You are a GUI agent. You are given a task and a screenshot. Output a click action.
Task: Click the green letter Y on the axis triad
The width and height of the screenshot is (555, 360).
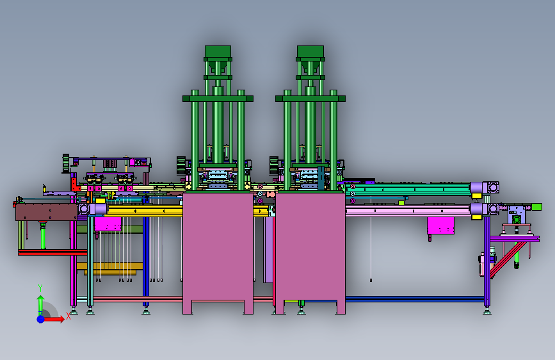tap(40, 288)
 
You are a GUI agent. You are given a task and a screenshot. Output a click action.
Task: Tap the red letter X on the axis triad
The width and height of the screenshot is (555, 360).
tap(68, 316)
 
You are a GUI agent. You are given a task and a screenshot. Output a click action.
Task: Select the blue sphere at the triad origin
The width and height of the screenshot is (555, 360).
tap(41, 319)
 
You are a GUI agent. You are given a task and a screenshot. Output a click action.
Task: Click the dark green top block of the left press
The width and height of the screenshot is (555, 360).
tap(218, 51)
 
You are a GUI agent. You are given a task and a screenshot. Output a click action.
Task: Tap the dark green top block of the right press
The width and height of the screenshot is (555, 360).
tap(310, 51)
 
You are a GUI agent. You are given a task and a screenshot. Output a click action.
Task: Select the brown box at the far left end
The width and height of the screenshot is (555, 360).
tap(46, 212)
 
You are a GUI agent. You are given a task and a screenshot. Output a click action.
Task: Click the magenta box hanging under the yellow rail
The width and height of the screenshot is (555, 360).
tap(108, 224)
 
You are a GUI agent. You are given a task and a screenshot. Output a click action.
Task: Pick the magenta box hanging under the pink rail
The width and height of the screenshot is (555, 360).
tap(440, 225)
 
